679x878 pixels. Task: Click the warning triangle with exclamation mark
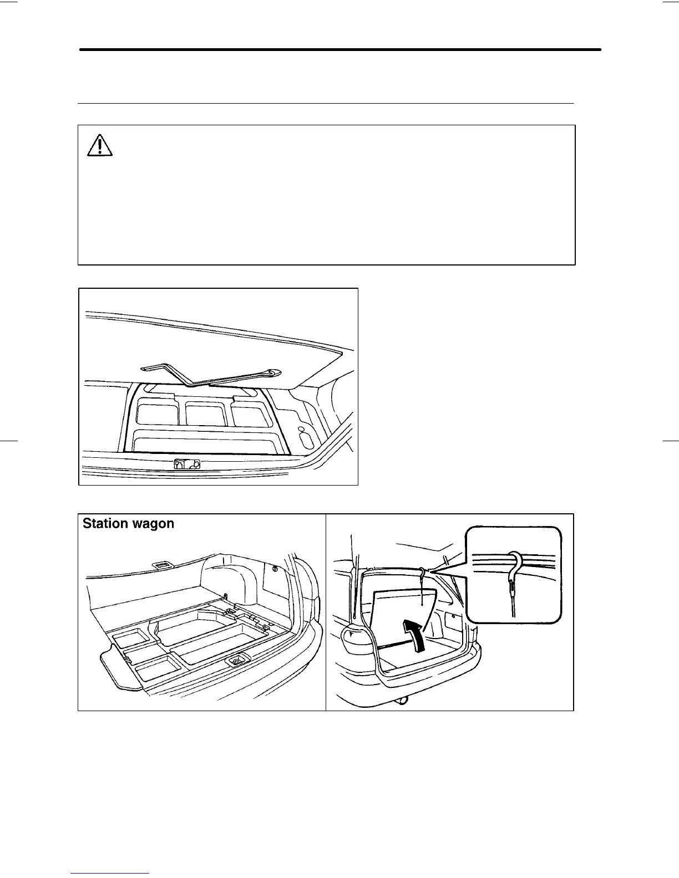point(100,146)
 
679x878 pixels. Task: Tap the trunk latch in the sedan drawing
point(186,464)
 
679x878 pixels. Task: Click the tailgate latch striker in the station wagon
point(237,660)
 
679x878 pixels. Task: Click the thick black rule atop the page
point(340,50)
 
